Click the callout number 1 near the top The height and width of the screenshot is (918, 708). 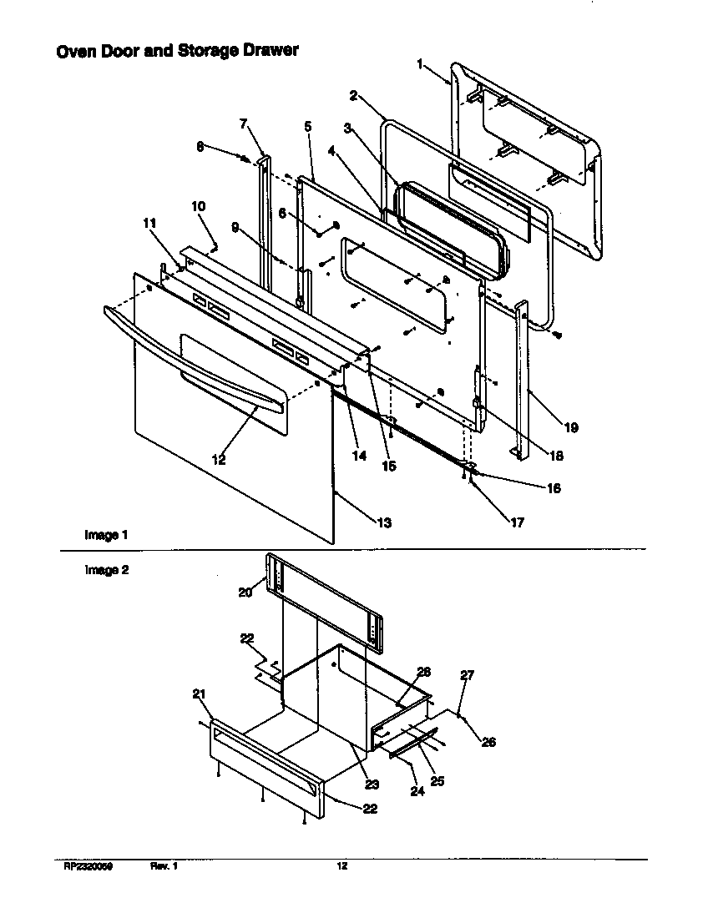tap(420, 64)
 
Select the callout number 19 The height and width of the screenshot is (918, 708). tap(571, 428)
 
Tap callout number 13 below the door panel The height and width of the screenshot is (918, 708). tap(384, 523)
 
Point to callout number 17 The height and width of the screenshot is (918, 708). tap(518, 523)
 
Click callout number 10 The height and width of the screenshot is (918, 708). tap(198, 206)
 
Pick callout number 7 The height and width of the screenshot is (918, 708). tap(244, 124)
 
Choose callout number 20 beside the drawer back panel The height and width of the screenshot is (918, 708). tap(245, 593)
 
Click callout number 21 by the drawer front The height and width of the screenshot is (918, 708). tap(199, 695)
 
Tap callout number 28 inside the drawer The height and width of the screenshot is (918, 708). tap(423, 672)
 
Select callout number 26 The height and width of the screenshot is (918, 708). tap(488, 742)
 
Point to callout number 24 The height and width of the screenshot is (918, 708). tap(417, 791)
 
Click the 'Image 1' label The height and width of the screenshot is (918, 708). tap(106, 534)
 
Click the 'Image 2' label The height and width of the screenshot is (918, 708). tap(106, 571)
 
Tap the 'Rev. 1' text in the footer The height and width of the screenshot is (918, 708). tap(164, 867)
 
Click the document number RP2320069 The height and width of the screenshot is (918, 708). tap(88, 867)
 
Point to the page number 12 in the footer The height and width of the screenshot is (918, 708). tap(341, 867)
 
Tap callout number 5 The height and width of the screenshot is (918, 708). tap(308, 127)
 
